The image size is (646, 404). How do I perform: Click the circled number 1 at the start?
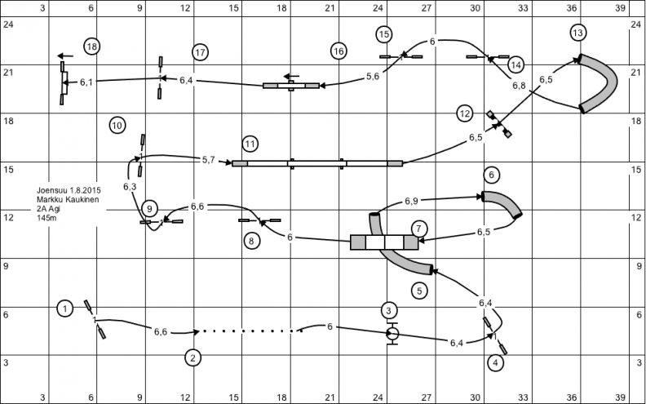[65, 309]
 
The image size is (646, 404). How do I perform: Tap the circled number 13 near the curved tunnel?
[578, 33]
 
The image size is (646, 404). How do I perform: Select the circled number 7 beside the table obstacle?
[419, 229]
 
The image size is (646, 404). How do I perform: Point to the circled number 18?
[92, 47]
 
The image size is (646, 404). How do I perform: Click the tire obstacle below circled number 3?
[392, 333]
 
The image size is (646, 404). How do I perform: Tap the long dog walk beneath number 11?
[317, 164]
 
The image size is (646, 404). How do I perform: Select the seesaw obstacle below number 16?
[291, 86]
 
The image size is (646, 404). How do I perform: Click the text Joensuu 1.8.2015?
[69, 190]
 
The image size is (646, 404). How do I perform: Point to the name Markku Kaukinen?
[68, 200]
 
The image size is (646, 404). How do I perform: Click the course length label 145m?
[46, 218]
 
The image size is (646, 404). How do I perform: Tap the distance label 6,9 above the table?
[411, 201]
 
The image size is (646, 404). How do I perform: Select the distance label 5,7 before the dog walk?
[209, 160]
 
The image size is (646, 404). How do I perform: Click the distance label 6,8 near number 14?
[519, 86]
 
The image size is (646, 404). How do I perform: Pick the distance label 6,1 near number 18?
[86, 82]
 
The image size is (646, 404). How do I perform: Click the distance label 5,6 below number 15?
[373, 76]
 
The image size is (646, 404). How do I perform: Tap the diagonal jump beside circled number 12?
[499, 124]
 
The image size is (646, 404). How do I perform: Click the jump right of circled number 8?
[259, 220]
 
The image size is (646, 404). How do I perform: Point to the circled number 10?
[117, 126]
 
